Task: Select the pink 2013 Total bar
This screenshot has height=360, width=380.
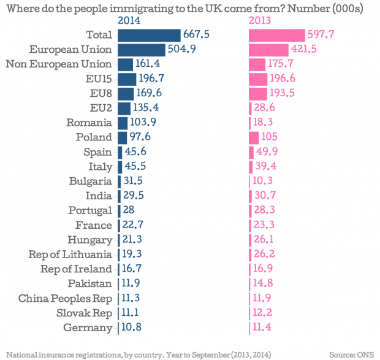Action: pos(276,34)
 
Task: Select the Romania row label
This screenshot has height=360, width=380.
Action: pos(90,122)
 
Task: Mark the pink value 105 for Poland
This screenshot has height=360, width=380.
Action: pos(267,137)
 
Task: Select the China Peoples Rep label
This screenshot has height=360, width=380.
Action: pos(65,298)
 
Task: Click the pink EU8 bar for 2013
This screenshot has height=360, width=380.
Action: pos(257,93)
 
